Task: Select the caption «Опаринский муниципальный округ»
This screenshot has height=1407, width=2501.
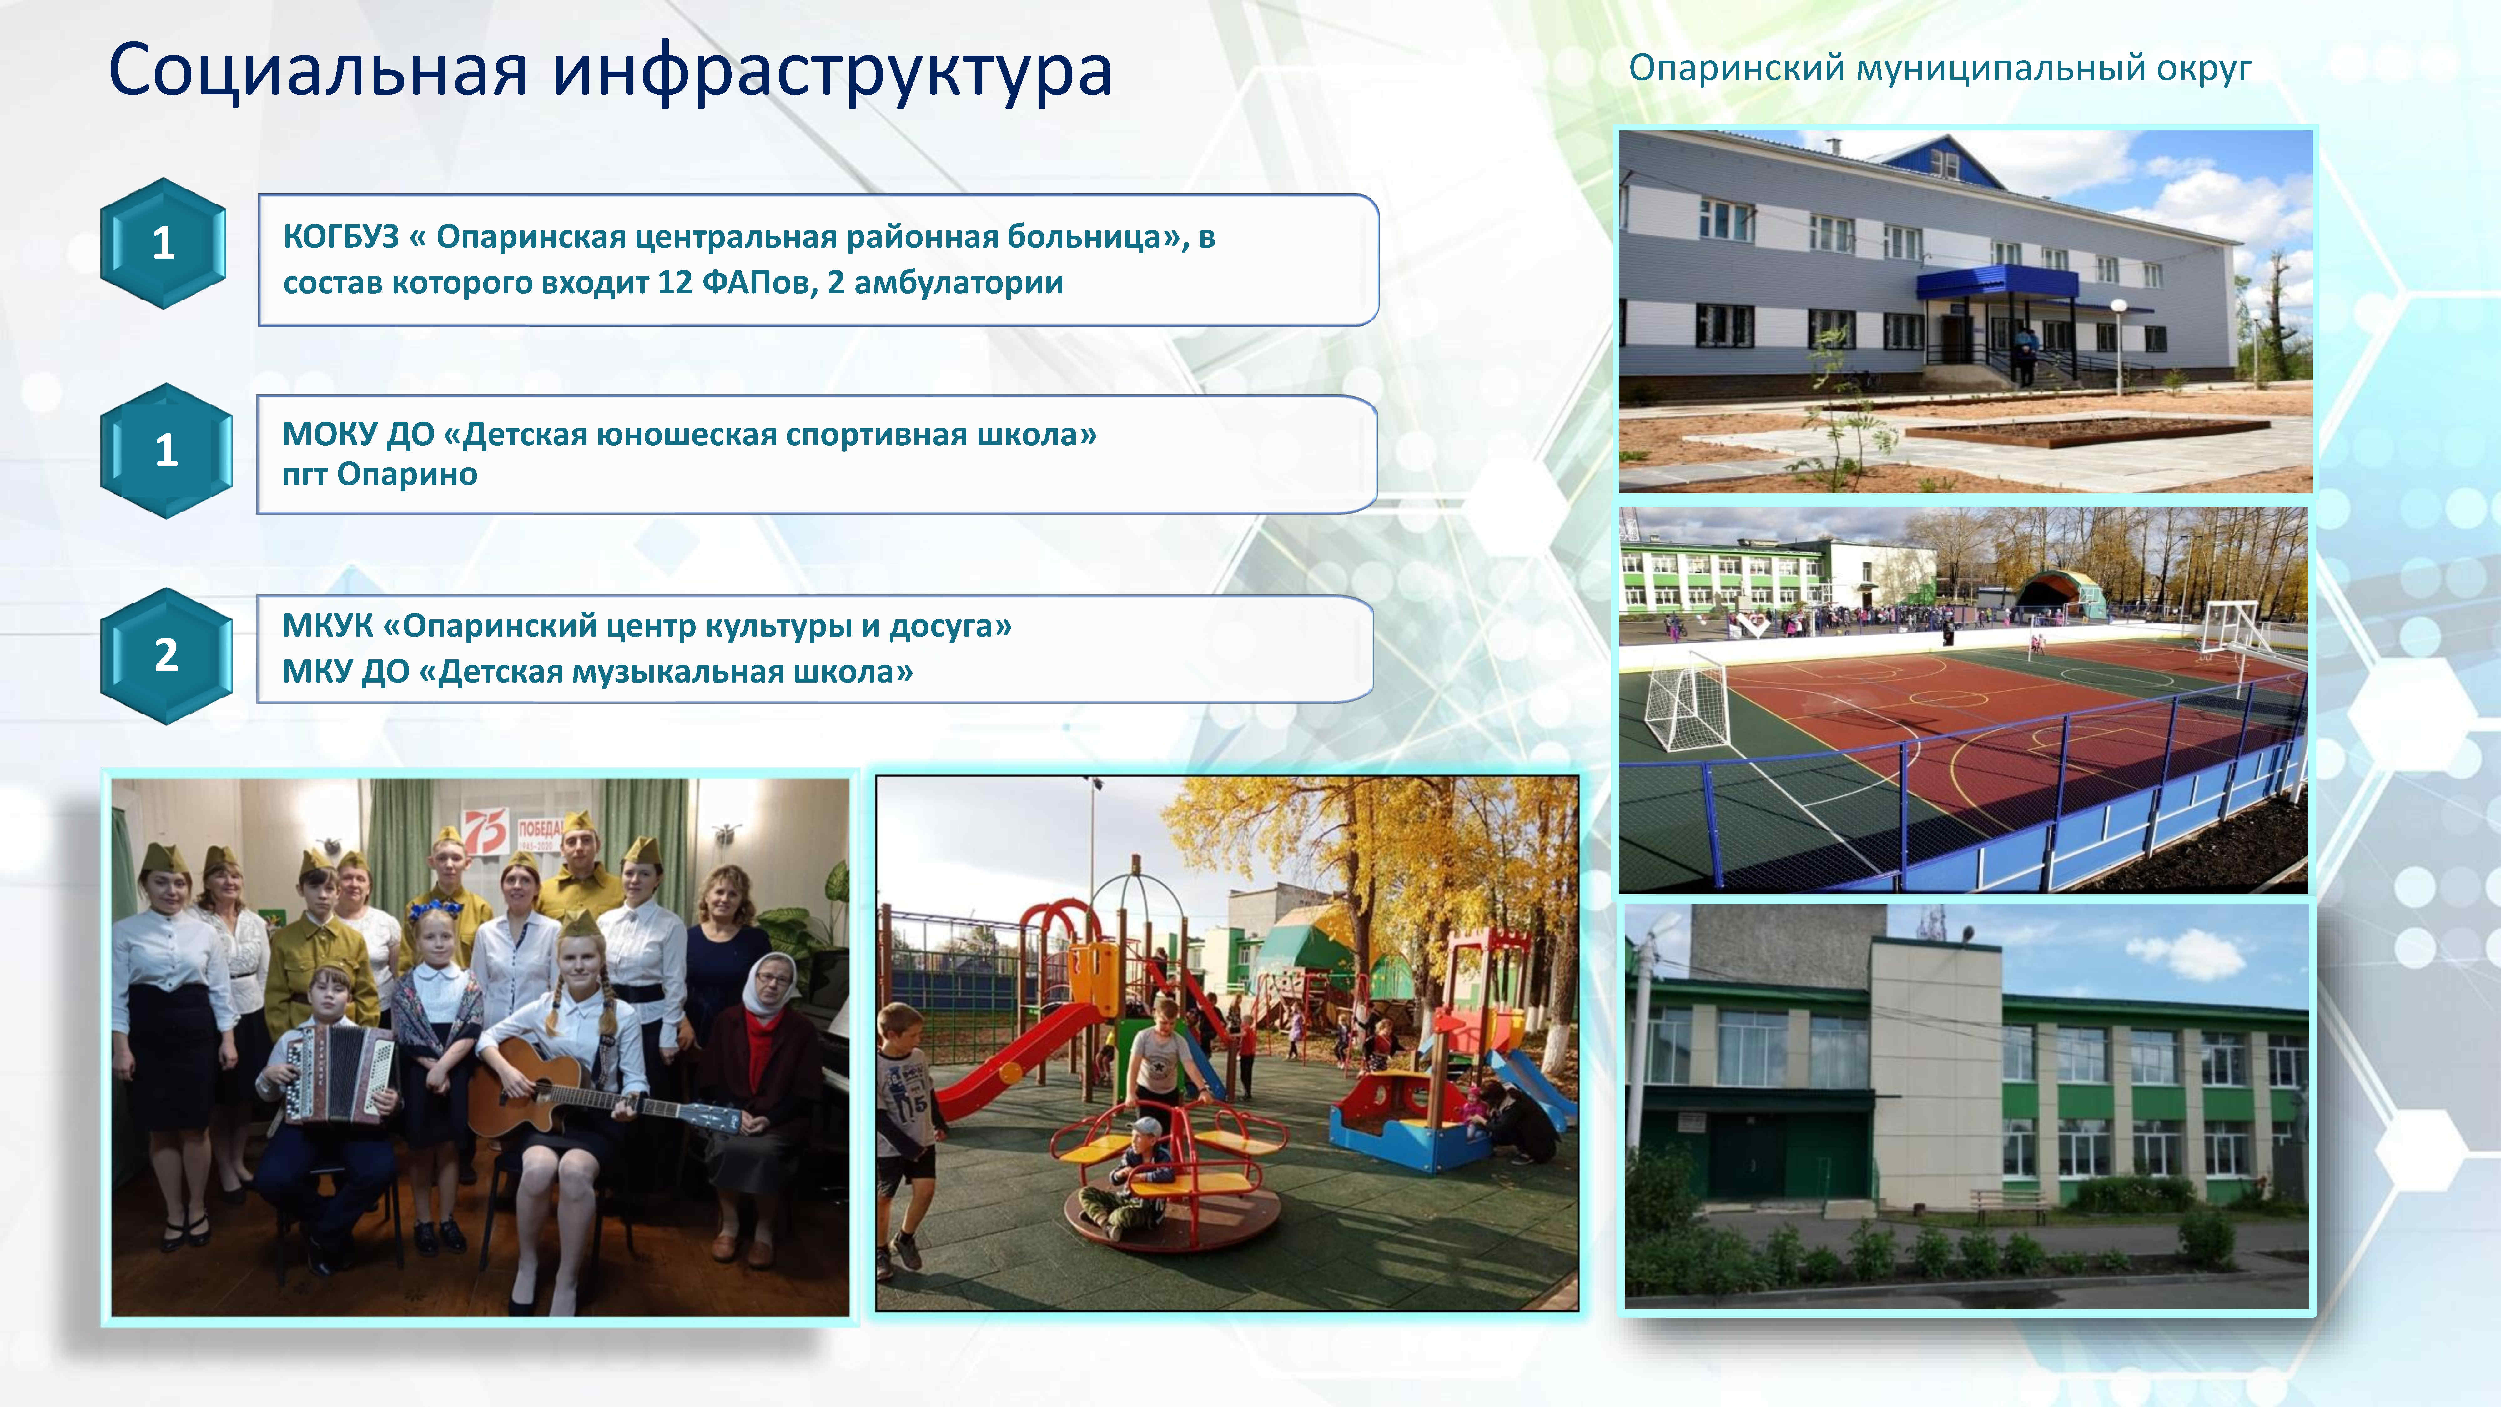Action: [1939, 68]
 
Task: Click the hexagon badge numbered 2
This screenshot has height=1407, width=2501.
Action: [166, 655]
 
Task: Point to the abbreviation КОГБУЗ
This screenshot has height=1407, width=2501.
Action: [341, 237]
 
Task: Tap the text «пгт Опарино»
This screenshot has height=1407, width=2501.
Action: [380, 475]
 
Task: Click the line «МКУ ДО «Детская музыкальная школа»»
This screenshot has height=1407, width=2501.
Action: [597, 672]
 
